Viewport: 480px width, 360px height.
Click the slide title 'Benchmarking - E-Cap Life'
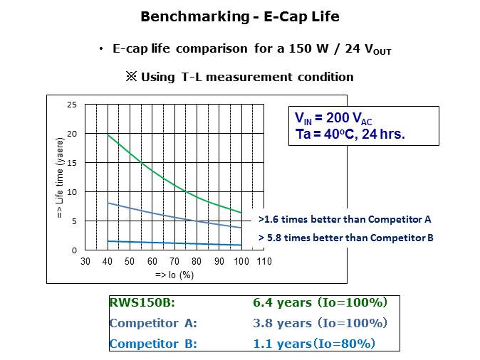point(239,16)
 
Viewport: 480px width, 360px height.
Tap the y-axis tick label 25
point(71,105)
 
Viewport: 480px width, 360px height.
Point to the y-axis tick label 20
point(71,134)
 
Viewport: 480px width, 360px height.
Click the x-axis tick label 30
point(85,262)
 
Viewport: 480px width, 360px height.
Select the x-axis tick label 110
point(264,262)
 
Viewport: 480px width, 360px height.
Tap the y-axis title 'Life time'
point(61,178)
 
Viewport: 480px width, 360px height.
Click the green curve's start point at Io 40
point(108,134)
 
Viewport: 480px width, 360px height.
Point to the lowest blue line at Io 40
point(108,241)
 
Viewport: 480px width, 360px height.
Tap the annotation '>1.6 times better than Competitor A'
point(345,219)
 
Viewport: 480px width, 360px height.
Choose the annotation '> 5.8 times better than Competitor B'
point(345,238)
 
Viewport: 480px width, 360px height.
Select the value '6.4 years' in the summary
point(282,302)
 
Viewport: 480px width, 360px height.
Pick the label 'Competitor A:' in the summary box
point(153,323)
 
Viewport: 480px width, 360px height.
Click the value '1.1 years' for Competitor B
point(282,344)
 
